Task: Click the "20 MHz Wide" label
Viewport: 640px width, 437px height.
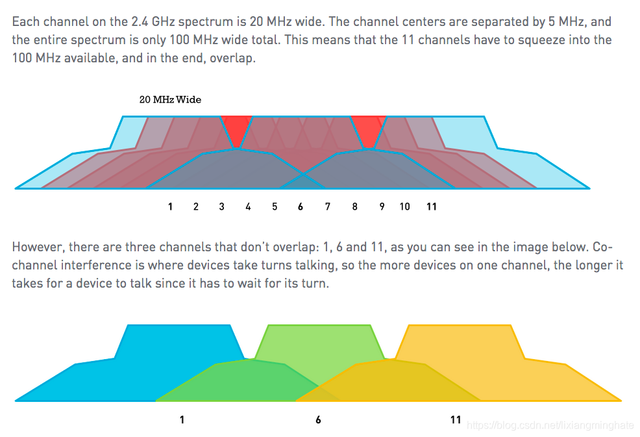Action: point(170,100)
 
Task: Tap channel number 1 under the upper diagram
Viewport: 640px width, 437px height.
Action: point(170,206)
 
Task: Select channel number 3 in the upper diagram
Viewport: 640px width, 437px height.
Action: point(222,206)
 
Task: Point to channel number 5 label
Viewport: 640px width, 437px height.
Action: point(275,206)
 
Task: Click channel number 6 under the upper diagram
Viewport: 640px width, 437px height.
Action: point(301,206)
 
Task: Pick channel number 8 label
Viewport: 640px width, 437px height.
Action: point(355,206)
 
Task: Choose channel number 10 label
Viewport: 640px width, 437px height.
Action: point(405,206)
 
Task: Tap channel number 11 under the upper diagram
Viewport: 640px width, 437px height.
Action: point(432,206)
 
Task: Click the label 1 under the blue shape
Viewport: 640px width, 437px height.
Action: point(182,419)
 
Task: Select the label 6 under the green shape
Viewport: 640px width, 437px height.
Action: point(318,419)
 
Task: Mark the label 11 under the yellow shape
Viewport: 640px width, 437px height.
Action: point(456,419)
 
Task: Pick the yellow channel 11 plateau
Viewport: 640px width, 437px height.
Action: point(461,341)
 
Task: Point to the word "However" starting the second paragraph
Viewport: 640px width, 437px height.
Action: point(36,247)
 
